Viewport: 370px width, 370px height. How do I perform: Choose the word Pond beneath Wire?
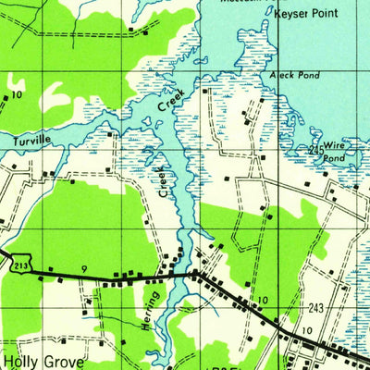click(x=334, y=157)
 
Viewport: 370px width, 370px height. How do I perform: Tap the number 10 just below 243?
click(x=306, y=330)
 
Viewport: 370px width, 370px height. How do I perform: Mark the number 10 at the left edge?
click(x=17, y=95)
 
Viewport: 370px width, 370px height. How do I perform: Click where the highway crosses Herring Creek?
click(x=191, y=275)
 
